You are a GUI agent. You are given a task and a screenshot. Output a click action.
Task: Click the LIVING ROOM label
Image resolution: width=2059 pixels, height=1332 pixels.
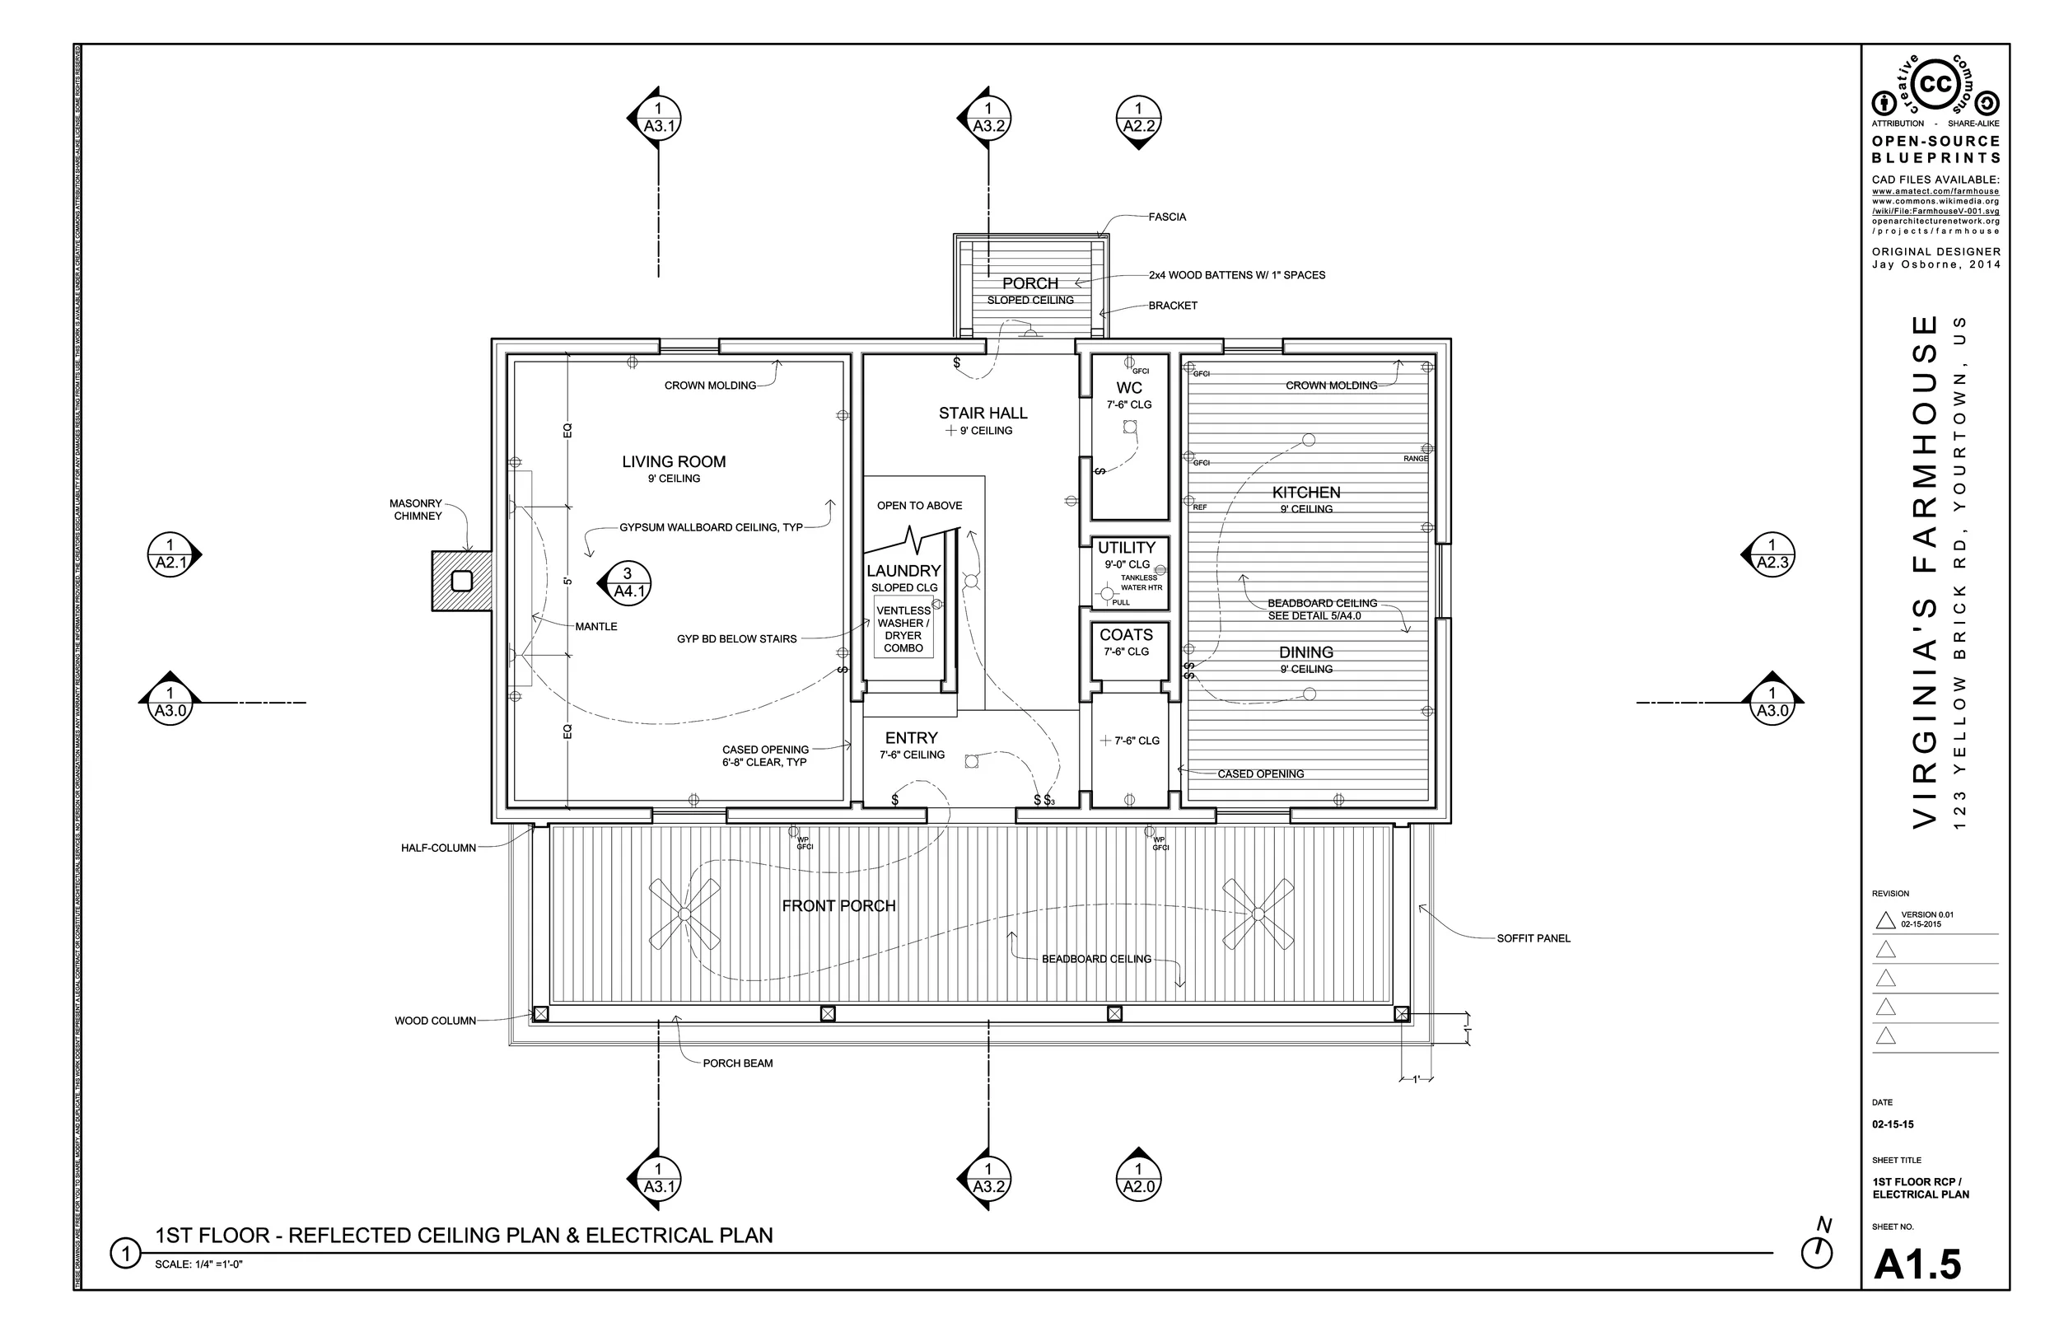674,462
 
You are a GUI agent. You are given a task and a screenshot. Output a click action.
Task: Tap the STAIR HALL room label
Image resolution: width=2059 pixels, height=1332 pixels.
983,414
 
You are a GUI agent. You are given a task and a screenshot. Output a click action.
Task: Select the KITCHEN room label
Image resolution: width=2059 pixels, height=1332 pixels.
1305,492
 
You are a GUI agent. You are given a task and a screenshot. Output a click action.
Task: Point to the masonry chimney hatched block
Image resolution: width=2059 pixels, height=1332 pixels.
461,581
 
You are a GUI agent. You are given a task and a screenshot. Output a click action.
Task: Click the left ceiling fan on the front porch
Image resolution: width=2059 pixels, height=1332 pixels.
684,914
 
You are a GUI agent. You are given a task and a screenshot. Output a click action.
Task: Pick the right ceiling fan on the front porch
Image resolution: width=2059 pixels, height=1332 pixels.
1258,914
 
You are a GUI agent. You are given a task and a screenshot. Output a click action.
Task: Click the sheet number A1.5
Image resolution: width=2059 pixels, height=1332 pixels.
1917,1264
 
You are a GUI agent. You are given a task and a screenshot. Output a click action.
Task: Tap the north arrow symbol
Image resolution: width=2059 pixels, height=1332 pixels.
1817,1252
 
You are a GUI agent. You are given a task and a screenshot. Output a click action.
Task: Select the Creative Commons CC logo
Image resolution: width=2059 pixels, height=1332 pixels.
1935,85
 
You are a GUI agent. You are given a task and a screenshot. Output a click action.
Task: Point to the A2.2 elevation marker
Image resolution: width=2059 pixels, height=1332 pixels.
1138,119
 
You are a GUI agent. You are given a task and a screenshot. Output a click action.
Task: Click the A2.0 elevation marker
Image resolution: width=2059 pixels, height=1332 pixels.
1138,1178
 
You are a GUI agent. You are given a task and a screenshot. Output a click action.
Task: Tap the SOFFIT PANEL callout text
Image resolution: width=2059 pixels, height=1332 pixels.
1534,938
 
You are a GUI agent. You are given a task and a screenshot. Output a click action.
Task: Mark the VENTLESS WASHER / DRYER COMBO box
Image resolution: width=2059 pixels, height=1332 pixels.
903,629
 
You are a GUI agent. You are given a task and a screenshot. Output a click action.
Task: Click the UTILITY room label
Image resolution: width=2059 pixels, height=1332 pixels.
1126,548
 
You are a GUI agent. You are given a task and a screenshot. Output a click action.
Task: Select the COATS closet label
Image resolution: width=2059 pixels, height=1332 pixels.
1126,635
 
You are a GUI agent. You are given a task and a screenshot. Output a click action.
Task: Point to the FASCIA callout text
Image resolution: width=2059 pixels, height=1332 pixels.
1166,217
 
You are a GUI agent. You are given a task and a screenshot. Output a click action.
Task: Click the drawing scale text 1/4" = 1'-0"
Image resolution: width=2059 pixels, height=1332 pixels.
198,1264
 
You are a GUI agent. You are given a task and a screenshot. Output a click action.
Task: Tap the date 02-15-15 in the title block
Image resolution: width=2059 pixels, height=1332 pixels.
1893,1124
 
